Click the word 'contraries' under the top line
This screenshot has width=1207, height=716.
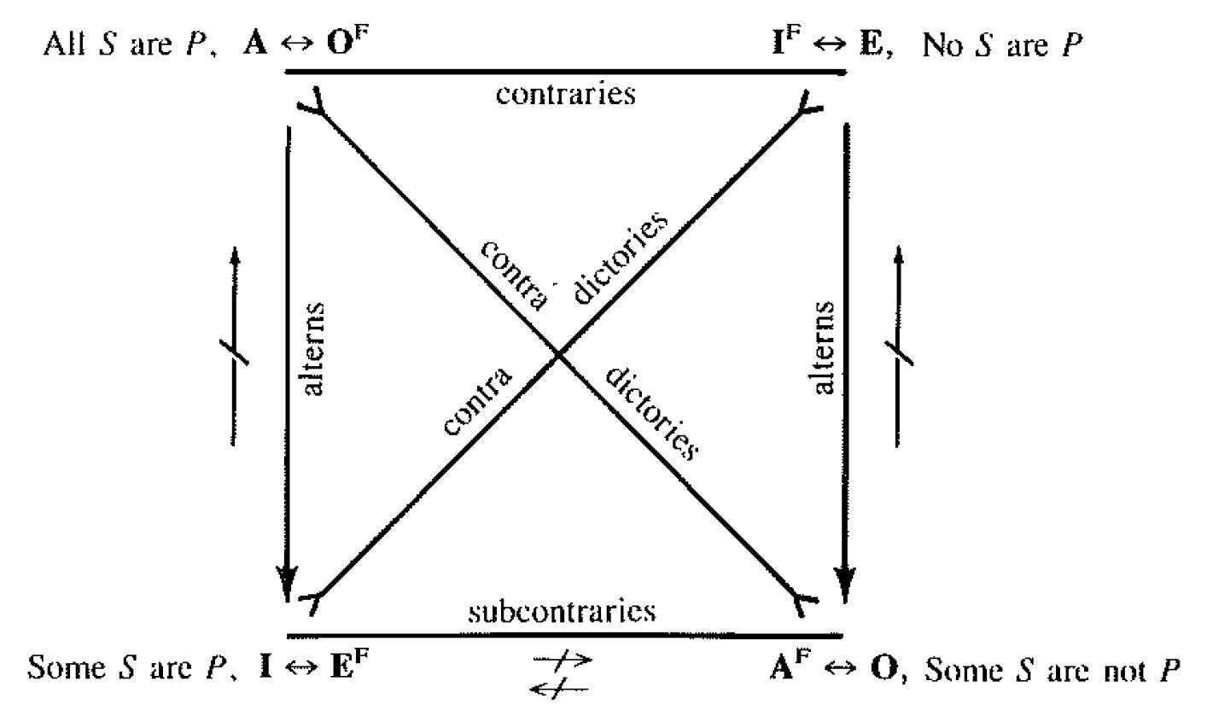(566, 93)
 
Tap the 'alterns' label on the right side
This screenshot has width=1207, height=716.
(824, 347)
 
